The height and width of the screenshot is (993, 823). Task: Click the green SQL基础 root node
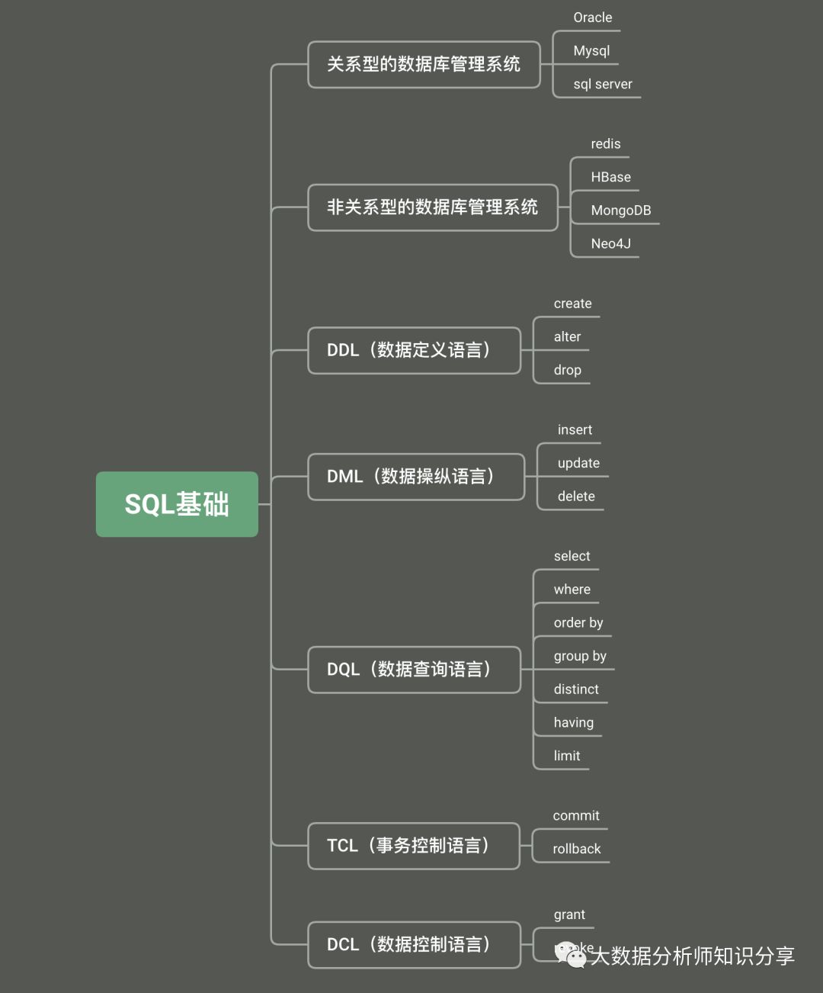[177, 504]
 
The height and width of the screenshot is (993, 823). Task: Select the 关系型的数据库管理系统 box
[424, 65]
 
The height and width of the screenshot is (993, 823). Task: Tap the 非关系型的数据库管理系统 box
[432, 207]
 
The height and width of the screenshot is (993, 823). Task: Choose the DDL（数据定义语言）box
[414, 351]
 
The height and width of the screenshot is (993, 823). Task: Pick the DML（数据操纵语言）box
[416, 477]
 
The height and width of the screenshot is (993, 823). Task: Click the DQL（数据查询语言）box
[414, 670]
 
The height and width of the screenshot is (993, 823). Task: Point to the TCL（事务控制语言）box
[413, 846]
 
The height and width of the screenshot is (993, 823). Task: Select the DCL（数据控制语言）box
[414, 945]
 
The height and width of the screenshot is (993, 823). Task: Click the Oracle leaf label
[593, 18]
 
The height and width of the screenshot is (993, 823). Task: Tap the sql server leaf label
[603, 84]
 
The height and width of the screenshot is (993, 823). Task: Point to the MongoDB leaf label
[621, 210]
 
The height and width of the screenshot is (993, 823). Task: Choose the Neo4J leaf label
[611, 244]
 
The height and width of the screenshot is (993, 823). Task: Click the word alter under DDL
[567, 337]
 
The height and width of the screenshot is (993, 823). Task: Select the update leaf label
[578, 463]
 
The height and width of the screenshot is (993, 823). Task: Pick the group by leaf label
[580, 656]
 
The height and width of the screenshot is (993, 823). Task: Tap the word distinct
[576, 689]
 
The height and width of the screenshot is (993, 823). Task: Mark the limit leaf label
[567, 756]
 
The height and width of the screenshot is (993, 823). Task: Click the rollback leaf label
[577, 849]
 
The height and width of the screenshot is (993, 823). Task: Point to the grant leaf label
[569, 914]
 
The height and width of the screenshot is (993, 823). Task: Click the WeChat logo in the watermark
[571, 954]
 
